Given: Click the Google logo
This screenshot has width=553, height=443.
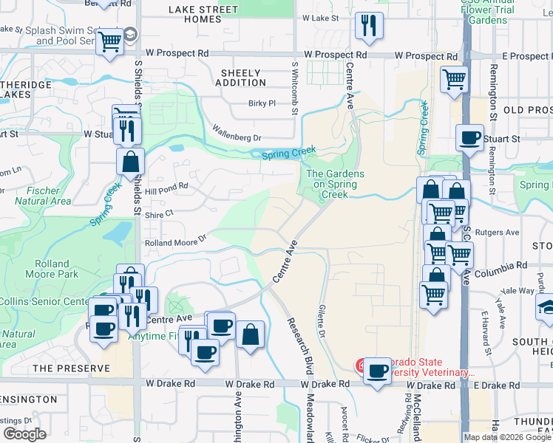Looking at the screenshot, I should (x=25, y=434).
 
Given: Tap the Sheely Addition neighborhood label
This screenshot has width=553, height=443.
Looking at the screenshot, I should (x=241, y=78).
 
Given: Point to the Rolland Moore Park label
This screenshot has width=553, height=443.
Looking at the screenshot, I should (x=56, y=269).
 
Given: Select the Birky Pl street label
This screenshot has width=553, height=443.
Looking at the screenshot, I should (x=262, y=104).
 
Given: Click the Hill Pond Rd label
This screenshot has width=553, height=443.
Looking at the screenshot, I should (x=168, y=190).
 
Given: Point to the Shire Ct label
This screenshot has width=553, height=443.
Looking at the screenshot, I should (x=158, y=213).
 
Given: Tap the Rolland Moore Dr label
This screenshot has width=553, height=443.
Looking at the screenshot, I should (x=174, y=242).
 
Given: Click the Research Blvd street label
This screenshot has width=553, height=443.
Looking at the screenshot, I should (x=299, y=346).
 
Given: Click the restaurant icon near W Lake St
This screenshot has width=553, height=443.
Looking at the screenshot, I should (x=368, y=26).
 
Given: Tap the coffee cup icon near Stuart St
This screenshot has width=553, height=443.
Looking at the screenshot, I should (x=469, y=137).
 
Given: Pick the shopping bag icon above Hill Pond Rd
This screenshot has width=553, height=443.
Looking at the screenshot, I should (x=130, y=160).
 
